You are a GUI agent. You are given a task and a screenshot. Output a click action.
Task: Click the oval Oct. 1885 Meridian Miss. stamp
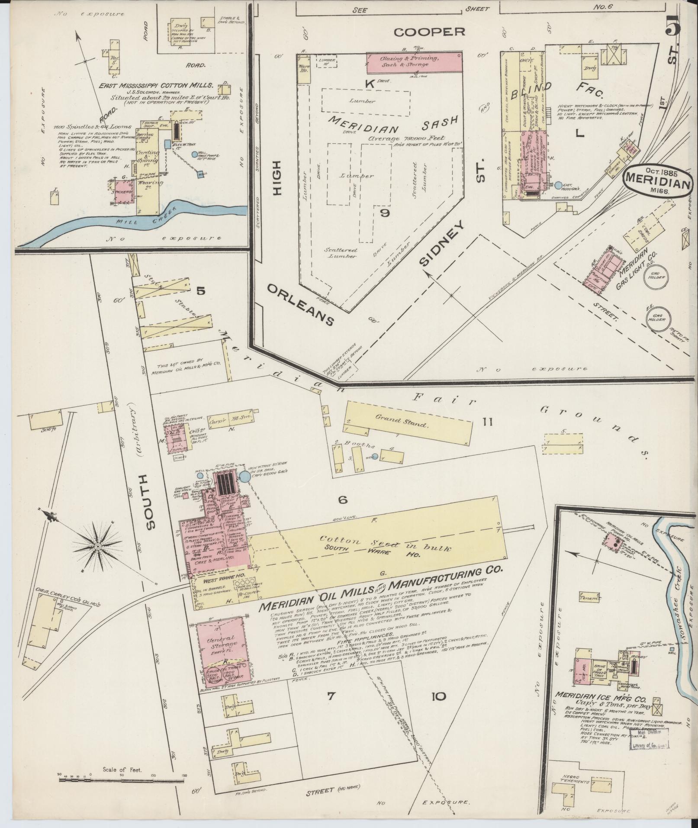click(x=656, y=181)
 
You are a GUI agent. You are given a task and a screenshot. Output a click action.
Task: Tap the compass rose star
click(x=98, y=547)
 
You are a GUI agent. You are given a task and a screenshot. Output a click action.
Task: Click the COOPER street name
click(x=430, y=32)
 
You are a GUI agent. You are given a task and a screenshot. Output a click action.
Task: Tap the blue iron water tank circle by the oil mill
click(x=244, y=477)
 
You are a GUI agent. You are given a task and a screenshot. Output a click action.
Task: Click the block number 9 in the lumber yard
click(x=384, y=213)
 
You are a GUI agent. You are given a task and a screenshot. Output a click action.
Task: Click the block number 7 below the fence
click(x=331, y=696)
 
